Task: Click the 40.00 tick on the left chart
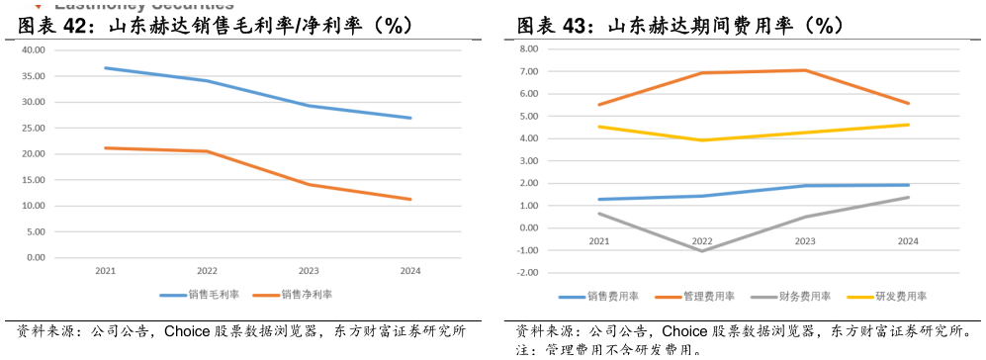tap(34, 49)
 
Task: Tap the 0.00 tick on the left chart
tap(36, 257)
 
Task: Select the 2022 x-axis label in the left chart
tap(208, 271)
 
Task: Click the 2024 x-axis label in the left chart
tap(409, 271)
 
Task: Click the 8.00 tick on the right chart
tap(529, 48)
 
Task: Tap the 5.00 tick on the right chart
tap(529, 116)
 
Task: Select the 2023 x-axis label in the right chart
tap(805, 241)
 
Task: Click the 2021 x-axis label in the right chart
tap(599, 241)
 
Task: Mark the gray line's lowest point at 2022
tap(702, 251)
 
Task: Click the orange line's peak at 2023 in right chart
tap(805, 70)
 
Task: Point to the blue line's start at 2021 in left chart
tap(106, 68)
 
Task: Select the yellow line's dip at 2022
tap(702, 140)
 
